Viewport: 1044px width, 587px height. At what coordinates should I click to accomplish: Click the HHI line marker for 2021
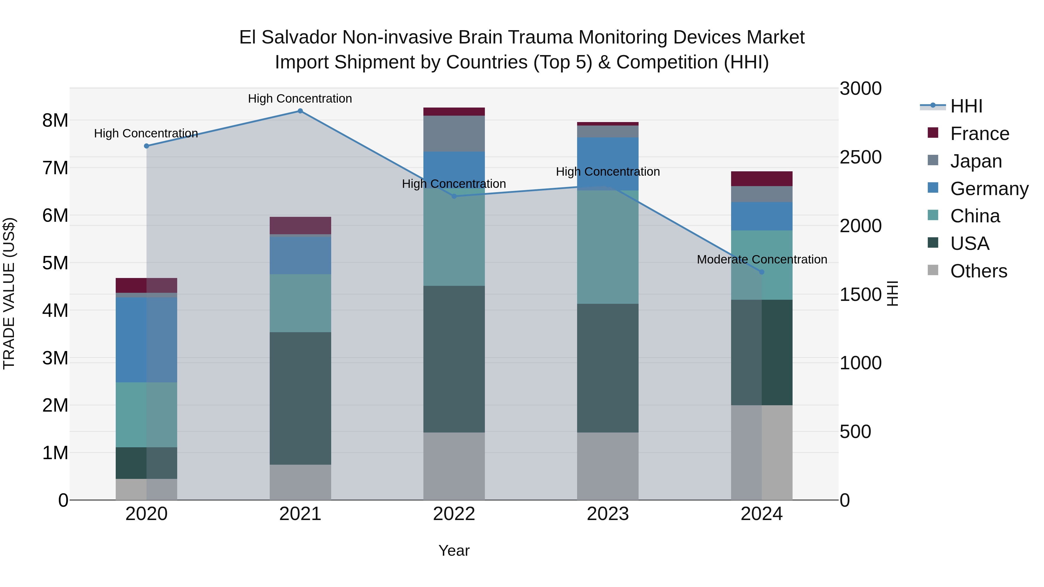(x=300, y=111)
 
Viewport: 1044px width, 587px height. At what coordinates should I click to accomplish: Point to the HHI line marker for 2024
(x=762, y=272)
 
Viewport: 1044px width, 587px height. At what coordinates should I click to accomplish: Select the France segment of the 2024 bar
(x=762, y=179)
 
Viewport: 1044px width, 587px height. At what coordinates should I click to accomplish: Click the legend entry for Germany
(x=989, y=189)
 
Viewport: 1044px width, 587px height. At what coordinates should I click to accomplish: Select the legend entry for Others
(x=978, y=271)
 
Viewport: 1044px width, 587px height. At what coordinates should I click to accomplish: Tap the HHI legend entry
(x=966, y=106)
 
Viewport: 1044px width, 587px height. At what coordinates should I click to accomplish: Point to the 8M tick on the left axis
(x=55, y=120)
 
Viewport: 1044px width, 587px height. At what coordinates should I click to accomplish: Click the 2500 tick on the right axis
(x=860, y=157)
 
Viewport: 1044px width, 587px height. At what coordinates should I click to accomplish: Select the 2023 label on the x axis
(x=608, y=514)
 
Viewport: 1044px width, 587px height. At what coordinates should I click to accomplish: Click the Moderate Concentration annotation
(x=762, y=259)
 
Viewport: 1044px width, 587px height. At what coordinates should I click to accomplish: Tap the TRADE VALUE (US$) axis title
(x=9, y=293)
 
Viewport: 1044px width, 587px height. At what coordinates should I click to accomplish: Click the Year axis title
(x=454, y=550)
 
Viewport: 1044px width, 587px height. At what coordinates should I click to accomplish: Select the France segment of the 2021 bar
(x=300, y=225)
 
